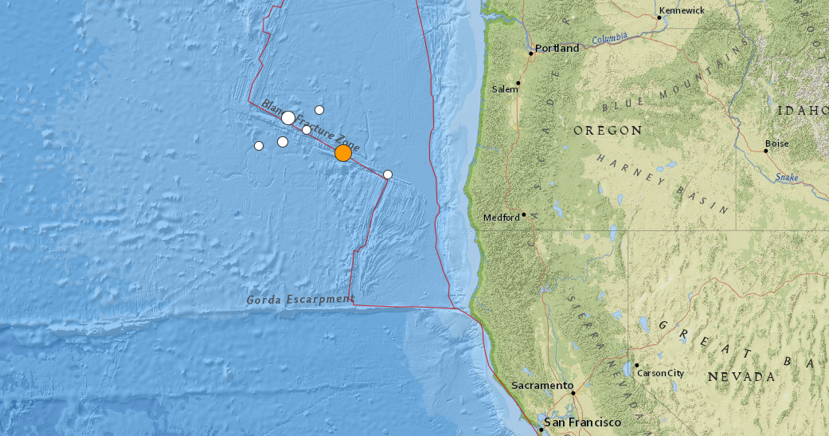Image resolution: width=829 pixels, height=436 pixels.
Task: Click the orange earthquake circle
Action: (343, 153)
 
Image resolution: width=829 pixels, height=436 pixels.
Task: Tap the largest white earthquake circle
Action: (288, 118)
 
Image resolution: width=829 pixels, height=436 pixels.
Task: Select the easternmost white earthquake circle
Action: (388, 175)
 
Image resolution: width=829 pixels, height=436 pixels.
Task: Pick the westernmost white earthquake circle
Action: (259, 146)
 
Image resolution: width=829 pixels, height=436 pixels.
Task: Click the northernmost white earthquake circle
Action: (319, 110)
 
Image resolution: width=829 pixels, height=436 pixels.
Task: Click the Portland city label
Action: (557, 49)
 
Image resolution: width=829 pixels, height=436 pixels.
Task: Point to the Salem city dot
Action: (518, 82)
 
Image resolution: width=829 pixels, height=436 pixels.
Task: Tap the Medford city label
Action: (502, 218)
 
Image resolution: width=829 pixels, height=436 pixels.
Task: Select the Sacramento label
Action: (542, 386)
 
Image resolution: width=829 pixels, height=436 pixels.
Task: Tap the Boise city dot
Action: (766, 150)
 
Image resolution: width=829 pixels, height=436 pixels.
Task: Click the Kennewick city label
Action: (682, 10)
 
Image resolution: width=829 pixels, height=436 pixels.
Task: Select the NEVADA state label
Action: (741, 375)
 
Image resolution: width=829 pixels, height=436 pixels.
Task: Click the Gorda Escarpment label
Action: (299, 299)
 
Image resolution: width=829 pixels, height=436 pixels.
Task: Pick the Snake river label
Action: (786, 177)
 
